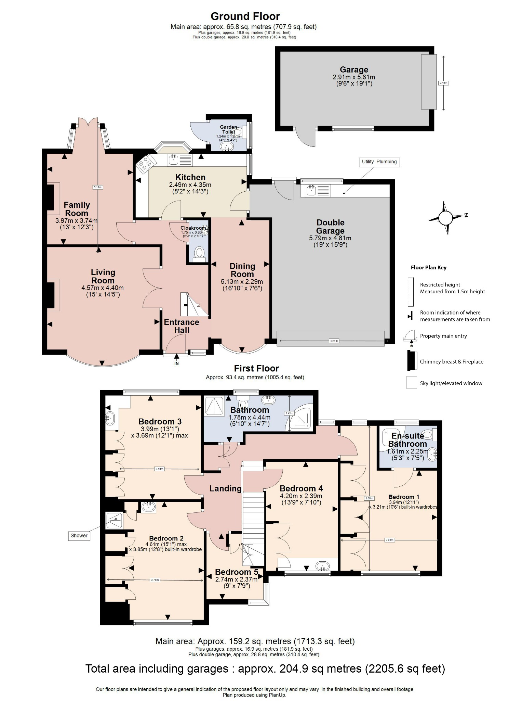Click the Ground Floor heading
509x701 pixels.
[245, 16]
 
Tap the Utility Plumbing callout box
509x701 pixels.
[379, 162]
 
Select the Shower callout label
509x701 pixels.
[79, 535]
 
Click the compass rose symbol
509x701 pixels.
[445, 218]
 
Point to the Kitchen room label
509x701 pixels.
[190, 177]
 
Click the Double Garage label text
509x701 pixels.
[330, 227]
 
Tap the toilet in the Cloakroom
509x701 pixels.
[199, 254]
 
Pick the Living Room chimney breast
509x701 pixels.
[50, 295]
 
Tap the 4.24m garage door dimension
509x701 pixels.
[334, 341]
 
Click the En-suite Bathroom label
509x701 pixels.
[407, 440]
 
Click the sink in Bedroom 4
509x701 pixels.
[322, 566]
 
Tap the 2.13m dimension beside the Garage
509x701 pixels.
[443, 83]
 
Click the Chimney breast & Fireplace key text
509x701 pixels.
[451, 361]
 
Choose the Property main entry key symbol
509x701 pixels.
[410, 337]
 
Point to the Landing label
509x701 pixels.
[225, 488]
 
